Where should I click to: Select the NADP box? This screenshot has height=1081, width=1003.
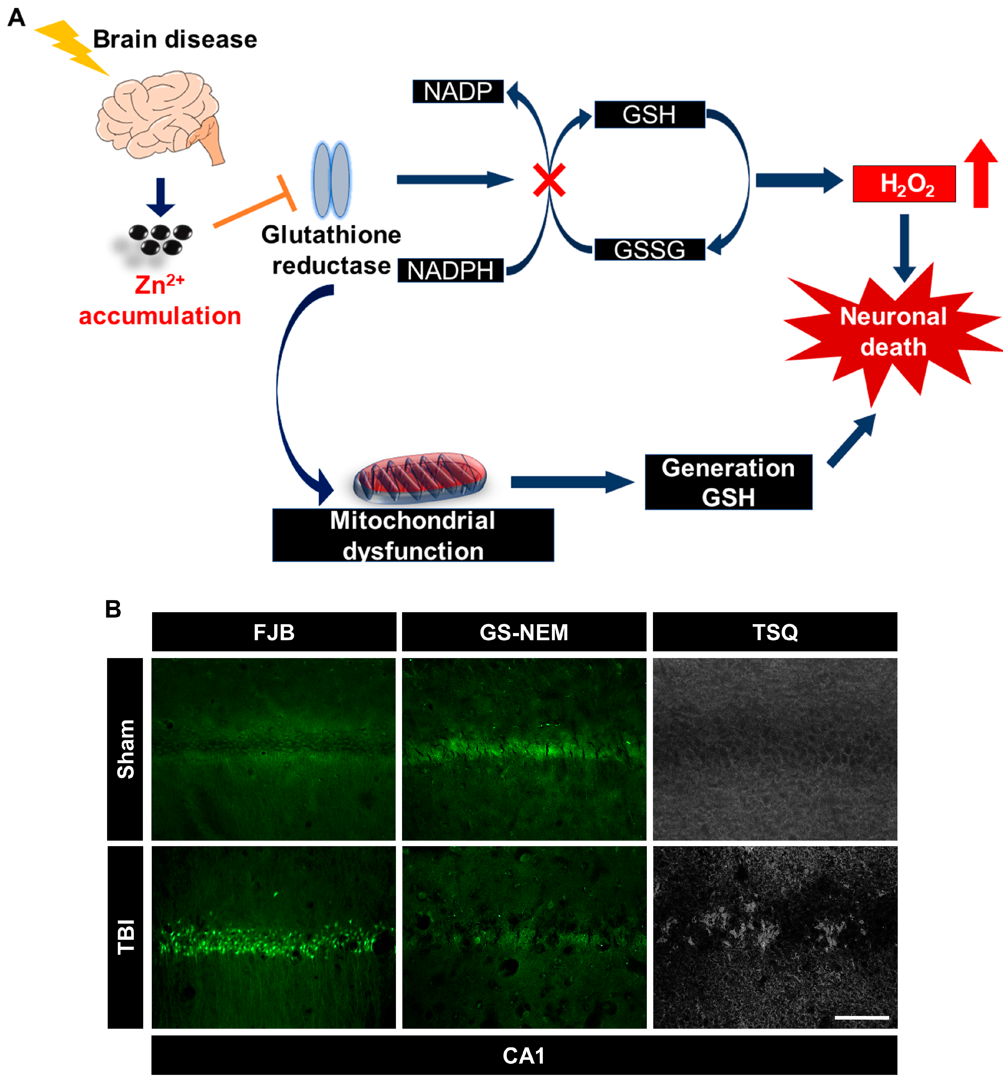point(457,91)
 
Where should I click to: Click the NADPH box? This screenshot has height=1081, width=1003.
point(450,270)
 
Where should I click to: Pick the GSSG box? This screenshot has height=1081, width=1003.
point(649,250)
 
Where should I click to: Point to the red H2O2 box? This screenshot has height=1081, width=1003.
point(904,184)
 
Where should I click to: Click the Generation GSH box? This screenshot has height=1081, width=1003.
point(728,482)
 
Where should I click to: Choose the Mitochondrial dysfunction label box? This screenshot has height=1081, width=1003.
point(412,535)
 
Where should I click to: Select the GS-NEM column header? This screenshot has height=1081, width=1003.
point(524,632)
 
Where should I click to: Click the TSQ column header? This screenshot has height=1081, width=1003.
point(774,632)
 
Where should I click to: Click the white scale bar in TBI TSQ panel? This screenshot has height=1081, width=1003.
point(861,1017)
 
